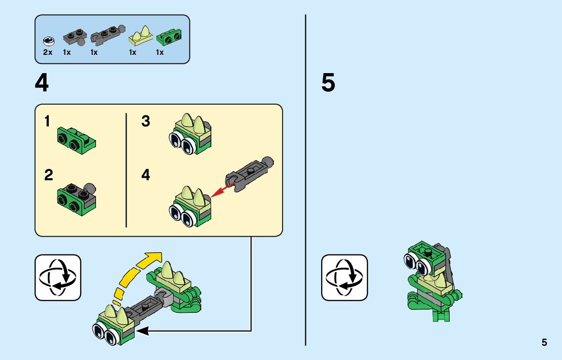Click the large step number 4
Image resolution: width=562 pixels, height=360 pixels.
click(42, 83)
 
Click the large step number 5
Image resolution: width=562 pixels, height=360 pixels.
click(328, 83)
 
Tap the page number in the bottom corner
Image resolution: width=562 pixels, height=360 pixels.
click(544, 342)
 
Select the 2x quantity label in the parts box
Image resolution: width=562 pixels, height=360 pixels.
click(48, 52)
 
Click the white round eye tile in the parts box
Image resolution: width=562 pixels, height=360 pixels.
click(48, 41)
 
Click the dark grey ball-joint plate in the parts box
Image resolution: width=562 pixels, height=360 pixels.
click(75, 38)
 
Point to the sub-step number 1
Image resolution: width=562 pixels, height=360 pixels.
click(47, 121)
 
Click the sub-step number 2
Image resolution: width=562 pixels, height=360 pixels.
click(48, 175)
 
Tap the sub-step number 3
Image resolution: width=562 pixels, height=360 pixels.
click(145, 121)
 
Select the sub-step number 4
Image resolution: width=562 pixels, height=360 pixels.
click(145, 175)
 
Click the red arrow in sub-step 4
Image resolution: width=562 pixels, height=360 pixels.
click(223, 190)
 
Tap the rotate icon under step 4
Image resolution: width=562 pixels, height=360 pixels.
click(58, 278)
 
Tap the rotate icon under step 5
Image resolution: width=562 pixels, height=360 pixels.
click(345, 278)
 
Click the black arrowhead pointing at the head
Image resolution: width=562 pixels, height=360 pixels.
click(143, 331)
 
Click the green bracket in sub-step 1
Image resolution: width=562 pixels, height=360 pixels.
click(76, 141)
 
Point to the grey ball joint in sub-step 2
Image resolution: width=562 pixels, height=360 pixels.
click(90, 188)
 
